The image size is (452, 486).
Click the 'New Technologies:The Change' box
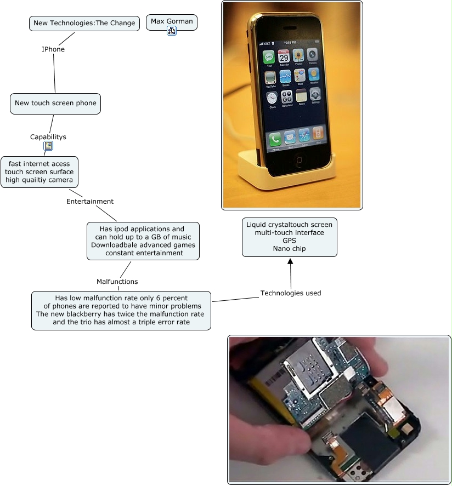point(84,23)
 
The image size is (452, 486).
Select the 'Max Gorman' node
point(172,21)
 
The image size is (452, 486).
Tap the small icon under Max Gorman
point(172,31)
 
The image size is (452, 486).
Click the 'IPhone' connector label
point(53,49)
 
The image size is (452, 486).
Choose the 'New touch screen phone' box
point(55,103)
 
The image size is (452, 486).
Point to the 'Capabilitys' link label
point(48,137)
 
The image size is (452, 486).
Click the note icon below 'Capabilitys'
point(48,146)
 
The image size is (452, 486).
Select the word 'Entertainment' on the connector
point(90,201)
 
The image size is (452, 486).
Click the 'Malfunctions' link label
point(117,282)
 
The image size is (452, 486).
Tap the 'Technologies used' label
point(291,293)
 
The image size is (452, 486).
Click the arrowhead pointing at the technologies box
point(290,261)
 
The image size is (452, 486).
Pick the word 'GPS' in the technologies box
point(289,241)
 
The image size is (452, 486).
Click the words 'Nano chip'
point(289,249)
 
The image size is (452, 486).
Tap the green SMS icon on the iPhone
point(269,56)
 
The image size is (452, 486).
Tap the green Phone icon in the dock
point(275,139)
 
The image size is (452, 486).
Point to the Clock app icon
point(272,98)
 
